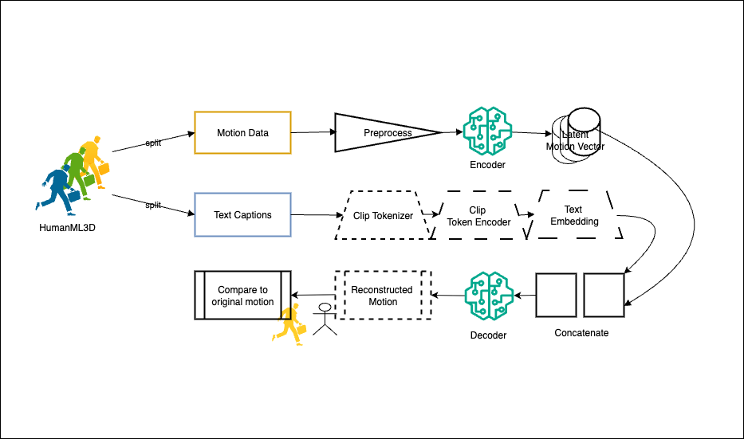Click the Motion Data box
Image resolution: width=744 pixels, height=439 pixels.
coord(242,132)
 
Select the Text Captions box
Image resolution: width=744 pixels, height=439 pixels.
coord(242,215)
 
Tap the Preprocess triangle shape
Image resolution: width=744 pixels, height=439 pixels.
coord(383,132)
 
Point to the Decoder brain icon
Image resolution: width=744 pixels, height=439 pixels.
coord(488,296)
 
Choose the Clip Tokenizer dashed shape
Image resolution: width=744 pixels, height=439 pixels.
coord(383,215)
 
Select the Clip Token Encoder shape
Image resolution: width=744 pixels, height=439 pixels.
coord(478,216)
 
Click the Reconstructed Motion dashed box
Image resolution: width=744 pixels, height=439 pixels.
coord(382,296)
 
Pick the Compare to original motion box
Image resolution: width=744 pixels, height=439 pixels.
coord(242,296)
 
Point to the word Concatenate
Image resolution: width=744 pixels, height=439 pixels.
coord(581,333)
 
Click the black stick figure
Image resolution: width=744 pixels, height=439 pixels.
coord(324,319)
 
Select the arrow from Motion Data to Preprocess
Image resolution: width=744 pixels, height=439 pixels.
coord(312,133)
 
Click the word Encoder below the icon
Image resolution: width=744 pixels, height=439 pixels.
coord(487,165)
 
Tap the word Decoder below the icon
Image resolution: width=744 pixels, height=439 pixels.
coord(488,335)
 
